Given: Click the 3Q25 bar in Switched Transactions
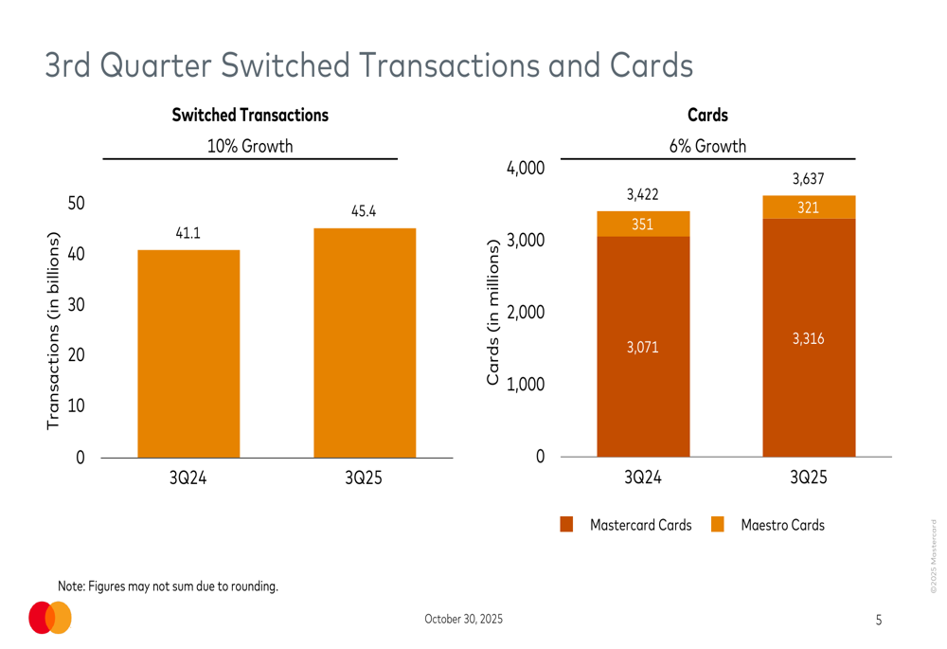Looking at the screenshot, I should pos(365,343).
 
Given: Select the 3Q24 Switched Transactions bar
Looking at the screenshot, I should pos(188,353).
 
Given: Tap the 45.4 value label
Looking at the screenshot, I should pos(364,211).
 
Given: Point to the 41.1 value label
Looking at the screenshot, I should pos(188,233).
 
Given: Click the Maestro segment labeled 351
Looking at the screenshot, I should pos(642,224).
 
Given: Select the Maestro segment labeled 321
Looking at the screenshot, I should pos(808,207).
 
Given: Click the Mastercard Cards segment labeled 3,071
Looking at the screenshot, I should pos(642,347).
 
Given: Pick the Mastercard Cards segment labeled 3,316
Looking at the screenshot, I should pos(808,338).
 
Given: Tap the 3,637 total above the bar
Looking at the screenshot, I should pos(808,179).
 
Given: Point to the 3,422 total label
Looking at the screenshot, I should pos(642,195).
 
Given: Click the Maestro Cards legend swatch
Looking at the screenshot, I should pos(717,525).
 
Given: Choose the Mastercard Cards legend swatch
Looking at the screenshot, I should pos(567,525).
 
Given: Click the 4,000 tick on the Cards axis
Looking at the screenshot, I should pos(526,169).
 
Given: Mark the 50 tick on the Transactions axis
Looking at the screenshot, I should pos(76,204).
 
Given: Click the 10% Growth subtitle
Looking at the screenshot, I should pos(250,147).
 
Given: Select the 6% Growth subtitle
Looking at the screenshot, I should pos(707,147).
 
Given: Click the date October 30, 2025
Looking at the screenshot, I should pos(464,620).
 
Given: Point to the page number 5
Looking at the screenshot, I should pos(878,621).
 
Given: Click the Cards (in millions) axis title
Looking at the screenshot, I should pos(492,313).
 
